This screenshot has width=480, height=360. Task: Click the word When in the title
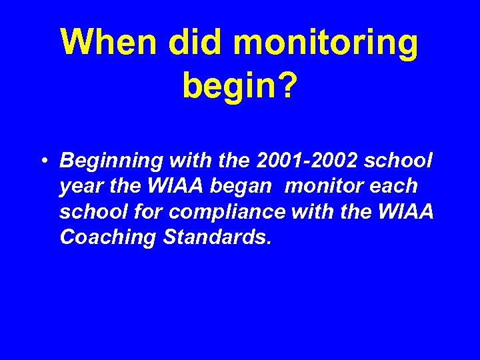pos(109,43)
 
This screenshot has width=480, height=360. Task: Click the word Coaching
pos(103,238)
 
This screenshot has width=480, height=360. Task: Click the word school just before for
pos(85,211)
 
